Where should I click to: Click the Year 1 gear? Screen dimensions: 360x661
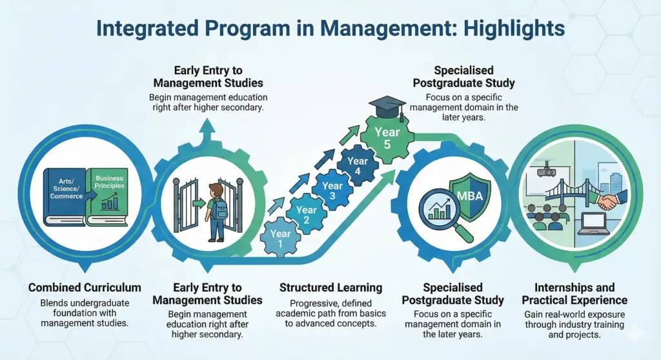(281, 239)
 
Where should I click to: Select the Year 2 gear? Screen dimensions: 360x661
(306, 214)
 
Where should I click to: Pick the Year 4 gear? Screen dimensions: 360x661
(357, 166)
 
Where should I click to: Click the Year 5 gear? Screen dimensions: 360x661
(387, 138)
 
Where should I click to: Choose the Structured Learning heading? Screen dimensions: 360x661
(330, 287)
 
